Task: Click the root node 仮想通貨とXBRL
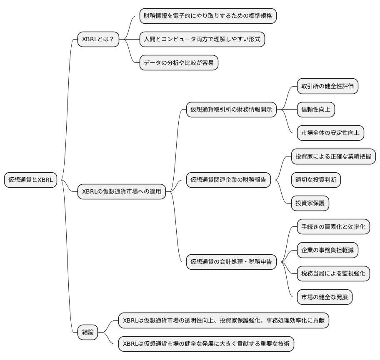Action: [x=30, y=180]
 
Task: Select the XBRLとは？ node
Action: [x=98, y=40]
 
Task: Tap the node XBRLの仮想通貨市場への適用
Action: [x=122, y=192]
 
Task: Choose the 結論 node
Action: [x=88, y=332]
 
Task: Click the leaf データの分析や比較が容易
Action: [x=179, y=63]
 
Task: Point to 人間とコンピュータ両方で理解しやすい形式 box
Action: [x=202, y=40]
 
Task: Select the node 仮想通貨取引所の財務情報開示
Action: [x=231, y=110]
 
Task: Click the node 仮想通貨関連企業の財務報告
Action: [x=228, y=180]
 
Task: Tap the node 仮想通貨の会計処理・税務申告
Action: [x=231, y=262]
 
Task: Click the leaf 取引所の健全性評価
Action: [x=327, y=87]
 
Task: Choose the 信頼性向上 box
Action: [x=315, y=110]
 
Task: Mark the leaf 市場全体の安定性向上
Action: [x=330, y=133]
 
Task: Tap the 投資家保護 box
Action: [x=310, y=203]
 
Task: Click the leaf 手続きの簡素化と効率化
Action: [x=333, y=227]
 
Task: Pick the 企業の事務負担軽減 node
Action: [x=327, y=250]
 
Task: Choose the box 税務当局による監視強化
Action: [x=333, y=273]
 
